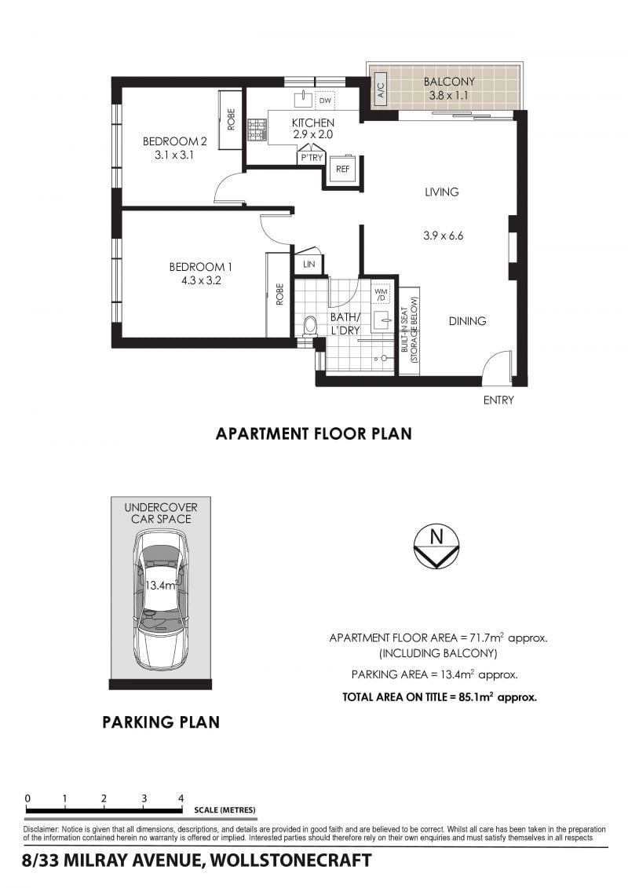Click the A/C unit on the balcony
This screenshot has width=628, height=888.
381,90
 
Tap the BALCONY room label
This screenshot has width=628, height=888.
449,82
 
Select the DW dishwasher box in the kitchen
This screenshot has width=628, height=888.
325,100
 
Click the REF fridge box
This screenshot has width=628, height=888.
342,169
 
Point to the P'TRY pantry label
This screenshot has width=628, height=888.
312,158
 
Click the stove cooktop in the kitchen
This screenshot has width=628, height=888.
257,130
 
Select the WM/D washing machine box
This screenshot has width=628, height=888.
381,294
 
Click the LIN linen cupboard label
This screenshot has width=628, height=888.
309,264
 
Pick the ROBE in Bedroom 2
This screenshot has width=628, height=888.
231,119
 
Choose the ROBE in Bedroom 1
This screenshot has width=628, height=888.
279,294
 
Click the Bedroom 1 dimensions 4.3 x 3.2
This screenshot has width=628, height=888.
201,280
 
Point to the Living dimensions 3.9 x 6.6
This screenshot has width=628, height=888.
443,236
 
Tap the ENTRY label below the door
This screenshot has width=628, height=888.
498,400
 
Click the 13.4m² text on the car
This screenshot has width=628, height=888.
162,585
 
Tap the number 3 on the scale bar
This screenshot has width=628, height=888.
144,798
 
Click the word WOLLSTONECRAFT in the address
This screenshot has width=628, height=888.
290,861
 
